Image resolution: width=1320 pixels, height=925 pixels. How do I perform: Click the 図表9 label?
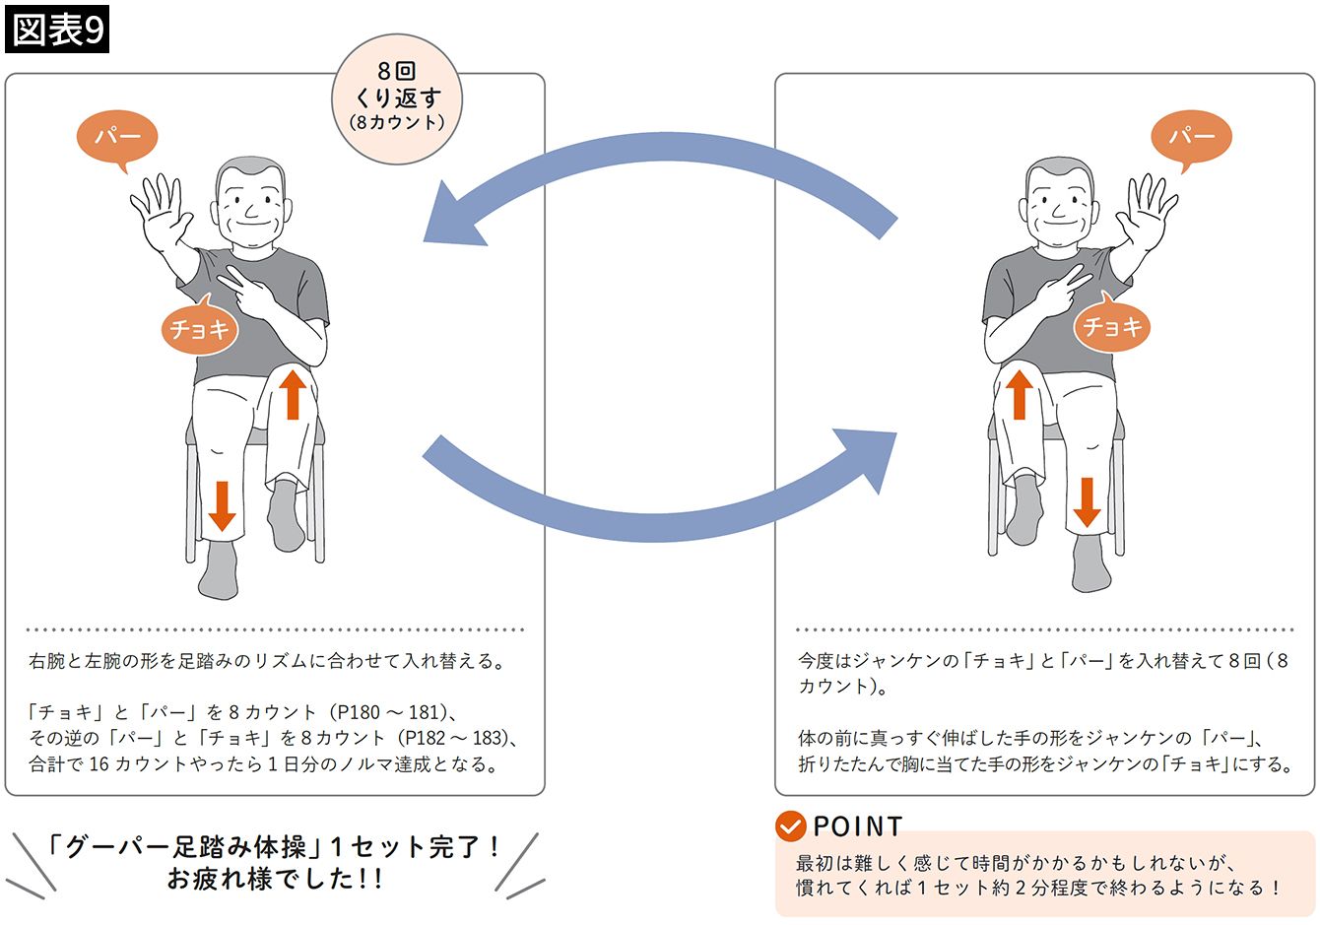(56, 31)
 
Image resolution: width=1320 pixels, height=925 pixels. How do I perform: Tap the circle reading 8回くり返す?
(397, 98)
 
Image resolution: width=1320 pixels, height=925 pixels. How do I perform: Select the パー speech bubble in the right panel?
(1191, 137)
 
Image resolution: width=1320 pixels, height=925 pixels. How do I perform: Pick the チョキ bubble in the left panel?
(199, 327)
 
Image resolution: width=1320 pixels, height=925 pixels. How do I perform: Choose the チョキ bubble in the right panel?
(1112, 326)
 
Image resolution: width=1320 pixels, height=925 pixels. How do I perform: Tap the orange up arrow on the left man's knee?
(292, 393)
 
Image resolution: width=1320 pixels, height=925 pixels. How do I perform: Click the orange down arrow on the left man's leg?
(222, 505)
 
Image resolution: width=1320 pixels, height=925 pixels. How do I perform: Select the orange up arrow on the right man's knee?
(1019, 394)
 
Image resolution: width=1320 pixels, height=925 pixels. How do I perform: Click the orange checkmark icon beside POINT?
(790, 826)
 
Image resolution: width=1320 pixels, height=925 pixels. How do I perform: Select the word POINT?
(857, 826)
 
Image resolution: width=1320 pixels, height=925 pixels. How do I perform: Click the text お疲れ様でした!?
(275, 879)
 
